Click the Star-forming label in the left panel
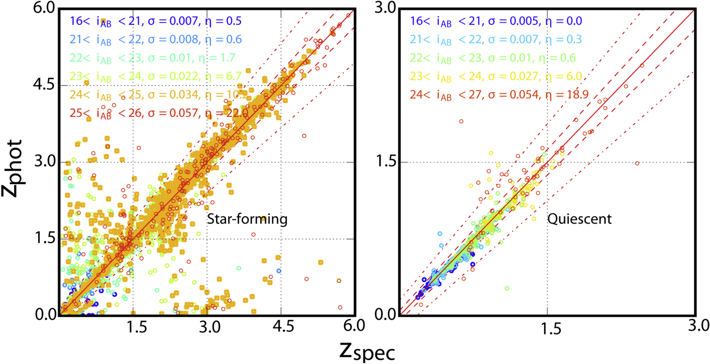coord(247,219)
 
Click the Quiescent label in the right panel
coord(579,219)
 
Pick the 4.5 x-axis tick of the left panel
coord(283,326)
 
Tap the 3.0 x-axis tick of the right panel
coord(698,326)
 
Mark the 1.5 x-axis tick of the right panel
coord(551,328)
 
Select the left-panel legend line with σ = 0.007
coord(155,21)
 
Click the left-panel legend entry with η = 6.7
coord(155,76)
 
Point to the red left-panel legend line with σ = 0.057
coord(158,113)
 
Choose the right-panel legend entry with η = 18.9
coord(499,95)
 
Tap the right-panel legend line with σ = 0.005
coord(496,21)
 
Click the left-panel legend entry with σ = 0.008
coord(155,39)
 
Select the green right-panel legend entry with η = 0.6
coord(493,58)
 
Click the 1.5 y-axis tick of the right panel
coord(385,162)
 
